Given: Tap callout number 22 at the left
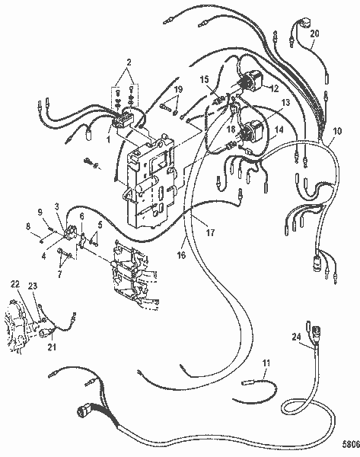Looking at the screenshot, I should click(x=14, y=283).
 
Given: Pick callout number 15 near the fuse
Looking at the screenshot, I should click(x=203, y=79).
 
